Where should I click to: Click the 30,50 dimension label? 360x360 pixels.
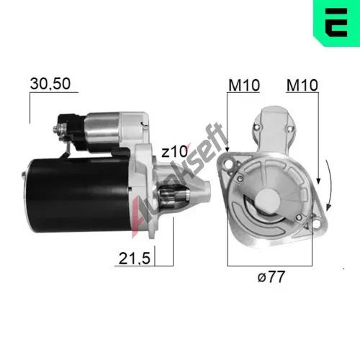click(x=50, y=84)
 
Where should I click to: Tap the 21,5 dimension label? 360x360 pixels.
click(x=135, y=258)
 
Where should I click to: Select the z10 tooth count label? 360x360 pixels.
click(x=175, y=152)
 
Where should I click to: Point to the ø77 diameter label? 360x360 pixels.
click(x=271, y=276)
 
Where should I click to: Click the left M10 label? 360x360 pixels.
click(x=244, y=85)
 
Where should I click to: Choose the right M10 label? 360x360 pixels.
click(x=302, y=85)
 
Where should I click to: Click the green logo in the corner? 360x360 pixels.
click(x=336, y=23)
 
